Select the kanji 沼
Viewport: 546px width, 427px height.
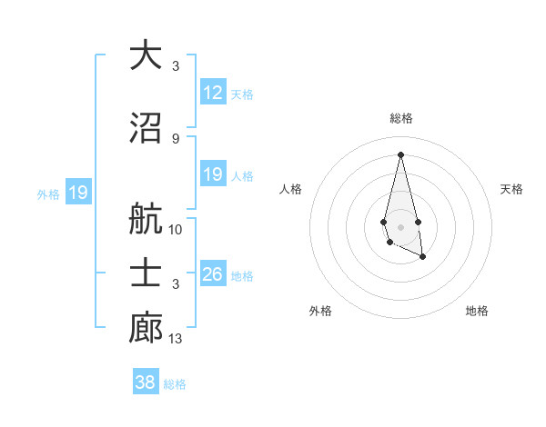click(x=146, y=129)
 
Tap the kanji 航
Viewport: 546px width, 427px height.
click(x=146, y=219)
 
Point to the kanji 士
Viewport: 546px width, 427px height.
click(x=146, y=274)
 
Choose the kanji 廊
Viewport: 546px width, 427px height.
click(x=146, y=328)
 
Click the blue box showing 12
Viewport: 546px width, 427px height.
click(x=213, y=93)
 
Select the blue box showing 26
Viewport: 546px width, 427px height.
click(x=213, y=274)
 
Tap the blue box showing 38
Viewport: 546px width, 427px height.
click(x=146, y=382)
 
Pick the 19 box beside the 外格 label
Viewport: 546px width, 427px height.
click(x=78, y=193)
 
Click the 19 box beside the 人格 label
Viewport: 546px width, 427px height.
click(x=213, y=174)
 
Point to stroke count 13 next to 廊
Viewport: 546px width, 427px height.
click(x=176, y=339)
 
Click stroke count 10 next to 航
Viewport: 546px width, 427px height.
click(x=176, y=230)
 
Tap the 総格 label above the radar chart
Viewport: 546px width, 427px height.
click(x=401, y=118)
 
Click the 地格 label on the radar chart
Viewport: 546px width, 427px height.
click(x=477, y=311)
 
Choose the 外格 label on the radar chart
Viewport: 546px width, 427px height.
click(x=320, y=311)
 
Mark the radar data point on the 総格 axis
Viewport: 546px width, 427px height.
click(x=400, y=154)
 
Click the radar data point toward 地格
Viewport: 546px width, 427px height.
click(x=423, y=258)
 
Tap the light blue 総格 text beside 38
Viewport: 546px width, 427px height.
click(x=175, y=384)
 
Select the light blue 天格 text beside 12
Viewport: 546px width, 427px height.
click(x=242, y=94)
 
